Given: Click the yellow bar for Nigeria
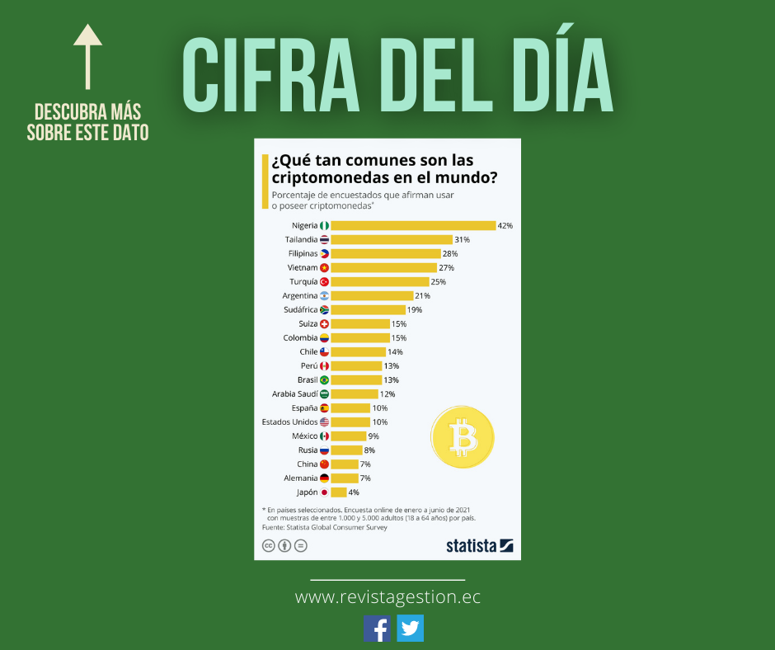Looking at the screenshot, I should coord(412,225).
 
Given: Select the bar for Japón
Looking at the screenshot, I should coord(338,492).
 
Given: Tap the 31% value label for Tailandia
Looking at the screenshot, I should coord(462,239).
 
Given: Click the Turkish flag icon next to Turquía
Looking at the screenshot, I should coord(324,281).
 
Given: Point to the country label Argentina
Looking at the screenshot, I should coord(299,295).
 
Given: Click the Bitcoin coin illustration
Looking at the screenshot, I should coord(462,437).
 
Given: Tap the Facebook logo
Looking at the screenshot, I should coord(378,629).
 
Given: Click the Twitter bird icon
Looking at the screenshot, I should coord(410,629).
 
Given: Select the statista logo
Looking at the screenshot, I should coord(479,545).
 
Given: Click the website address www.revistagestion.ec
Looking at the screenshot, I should coord(387,596).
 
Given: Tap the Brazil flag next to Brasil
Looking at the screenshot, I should coord(324,379).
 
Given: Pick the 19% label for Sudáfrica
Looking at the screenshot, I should coord(414,309).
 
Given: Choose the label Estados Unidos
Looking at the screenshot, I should coord(289,422).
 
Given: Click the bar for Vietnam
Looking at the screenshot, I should coord(383,267).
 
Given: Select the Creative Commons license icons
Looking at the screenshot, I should coord(284,545).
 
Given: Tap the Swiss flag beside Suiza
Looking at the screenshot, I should coord(324,323).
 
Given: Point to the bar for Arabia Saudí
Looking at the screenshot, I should coord(354,393).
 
